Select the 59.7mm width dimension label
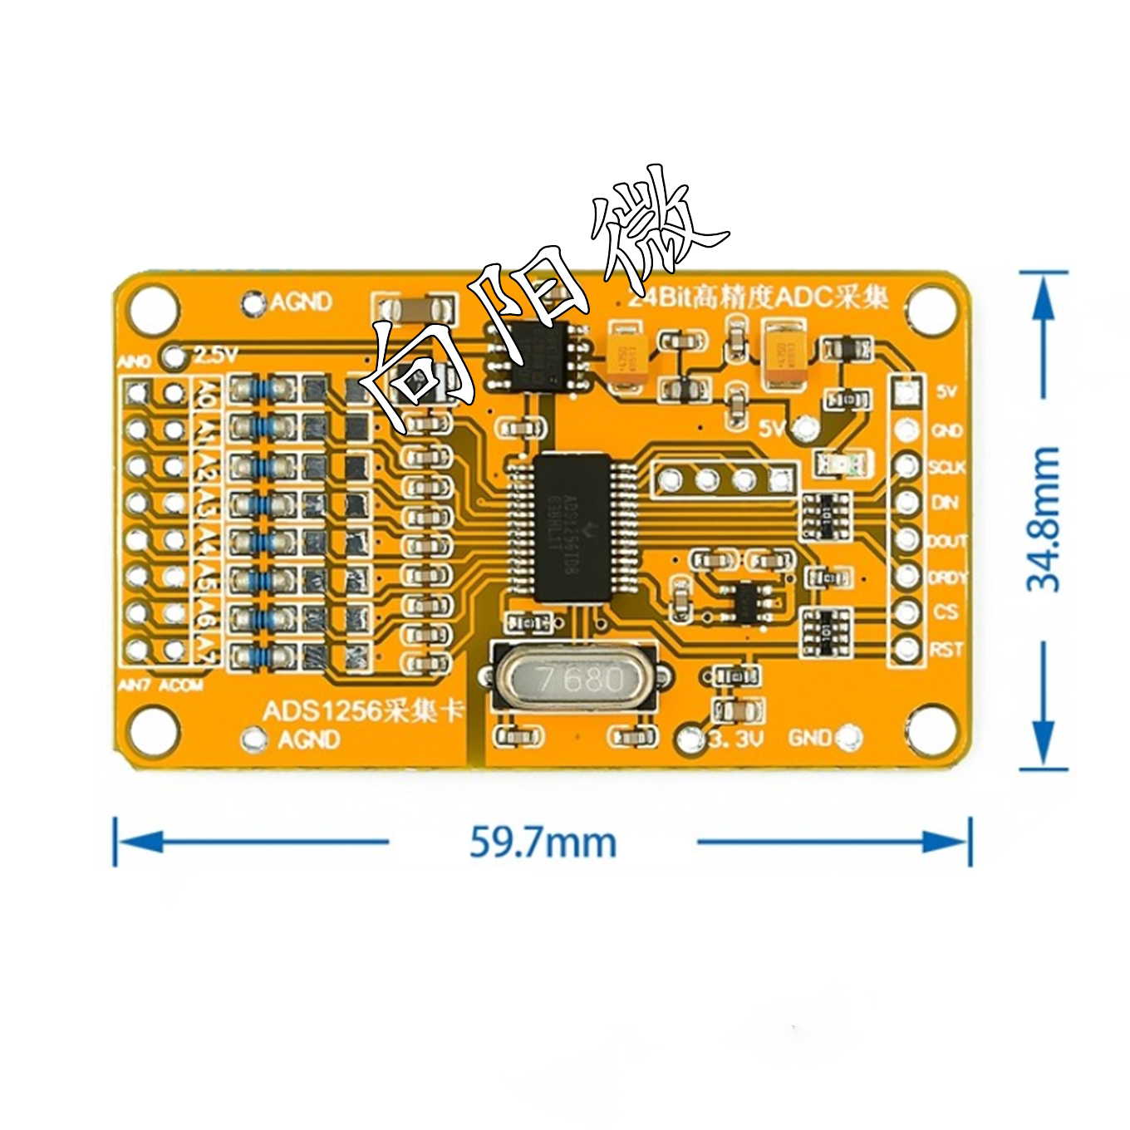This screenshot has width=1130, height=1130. [543, 843]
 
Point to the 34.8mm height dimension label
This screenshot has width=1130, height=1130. [1044, 519]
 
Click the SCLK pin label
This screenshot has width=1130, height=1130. [947, 467]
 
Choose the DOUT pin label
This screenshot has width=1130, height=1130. [947, 540]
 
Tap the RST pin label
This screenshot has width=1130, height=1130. [946, 649]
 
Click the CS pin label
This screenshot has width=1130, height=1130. [946, 612]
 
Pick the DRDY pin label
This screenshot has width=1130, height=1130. [947, 577]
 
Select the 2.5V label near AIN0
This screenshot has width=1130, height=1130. [215, 355]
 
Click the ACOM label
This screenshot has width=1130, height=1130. [181, 685]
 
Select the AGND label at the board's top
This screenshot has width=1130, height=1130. [301, 302]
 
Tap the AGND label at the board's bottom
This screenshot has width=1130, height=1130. [309, 739]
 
